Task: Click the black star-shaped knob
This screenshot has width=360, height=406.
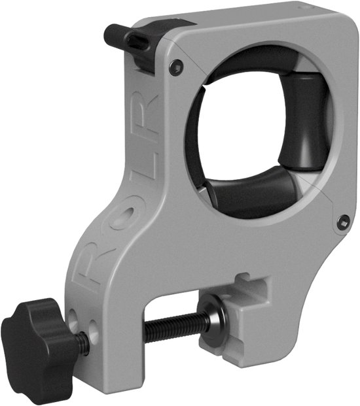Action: click(x=39, y=337)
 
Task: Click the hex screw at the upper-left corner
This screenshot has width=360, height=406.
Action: click(x=177, y=65)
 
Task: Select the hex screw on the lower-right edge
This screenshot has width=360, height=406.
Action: click(x=344, y=222)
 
